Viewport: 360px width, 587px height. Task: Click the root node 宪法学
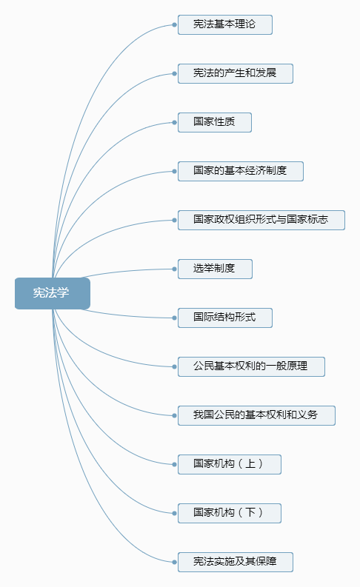[53, 293]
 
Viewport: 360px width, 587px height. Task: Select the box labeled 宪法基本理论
[224, 24]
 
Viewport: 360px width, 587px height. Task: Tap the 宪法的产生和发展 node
[236, 73]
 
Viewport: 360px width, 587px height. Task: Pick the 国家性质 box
[215, 122]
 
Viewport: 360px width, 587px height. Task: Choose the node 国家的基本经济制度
[241, 171]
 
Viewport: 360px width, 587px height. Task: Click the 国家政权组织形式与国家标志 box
[261, 220]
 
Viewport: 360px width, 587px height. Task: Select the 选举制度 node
[215, 269]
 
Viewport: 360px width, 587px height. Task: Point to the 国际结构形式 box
[224, 318]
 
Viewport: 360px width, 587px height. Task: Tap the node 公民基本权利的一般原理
[251, 366]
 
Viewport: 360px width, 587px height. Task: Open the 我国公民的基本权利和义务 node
[256, 415]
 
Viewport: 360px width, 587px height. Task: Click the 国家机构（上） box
[230, 464]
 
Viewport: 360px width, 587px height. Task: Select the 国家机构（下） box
[230, 513]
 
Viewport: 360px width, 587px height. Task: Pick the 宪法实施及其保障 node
[236, 562]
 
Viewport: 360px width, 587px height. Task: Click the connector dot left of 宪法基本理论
[175, 24]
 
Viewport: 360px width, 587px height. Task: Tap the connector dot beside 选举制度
[175, 269]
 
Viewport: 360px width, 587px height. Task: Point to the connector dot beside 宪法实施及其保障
[175, 562]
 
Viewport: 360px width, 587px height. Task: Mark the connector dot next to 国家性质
[175, 122]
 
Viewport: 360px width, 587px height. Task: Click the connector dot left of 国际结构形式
[175, 318]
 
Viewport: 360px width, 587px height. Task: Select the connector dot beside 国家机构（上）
[175, 464]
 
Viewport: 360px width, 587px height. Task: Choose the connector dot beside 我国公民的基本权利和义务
[175, 415]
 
